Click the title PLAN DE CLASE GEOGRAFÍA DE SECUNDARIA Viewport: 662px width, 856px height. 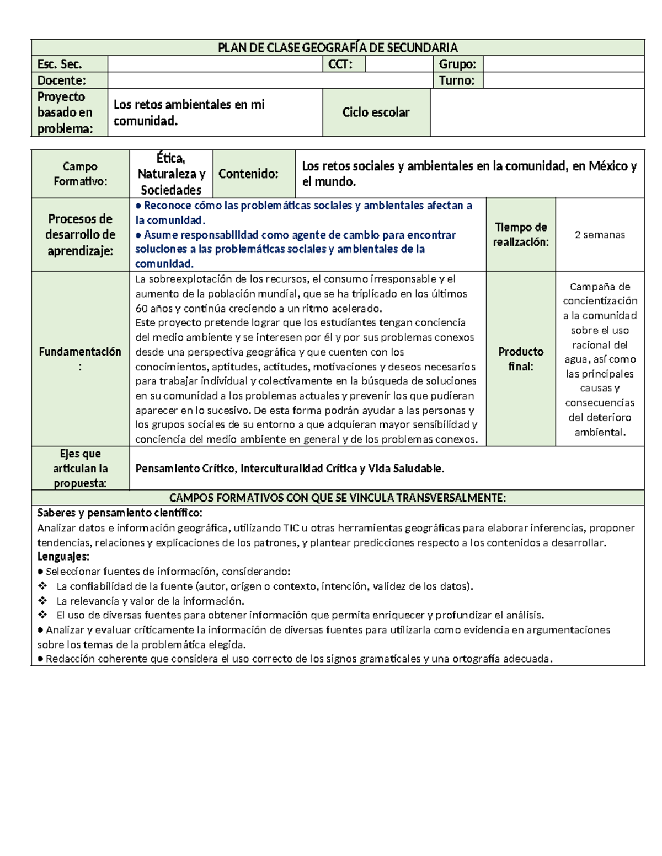pyautogui.click(x=338, y=47)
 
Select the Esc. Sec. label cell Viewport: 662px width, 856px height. pyautogui.click(x=60, y=64)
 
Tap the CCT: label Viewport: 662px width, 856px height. pyautogui.click(x=340, y=64)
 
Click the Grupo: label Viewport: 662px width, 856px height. pyautogui.click(x=457, y=64)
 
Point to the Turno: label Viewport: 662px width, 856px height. pyautogui.click(x=456, y=80)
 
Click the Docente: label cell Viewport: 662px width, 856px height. pyautogui.click(x=62, y=80)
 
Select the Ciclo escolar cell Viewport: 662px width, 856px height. pyautogui.click(x=376, y=112)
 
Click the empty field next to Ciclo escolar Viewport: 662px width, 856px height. pyautogui.click(x=537, y=112)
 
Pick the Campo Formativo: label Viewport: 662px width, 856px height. pyautogui.click(x=80, y=174)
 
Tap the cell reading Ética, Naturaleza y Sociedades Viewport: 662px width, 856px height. pyautogui.click(x=171, y=174)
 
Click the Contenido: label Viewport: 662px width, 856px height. pyautogui.click(x=248, y=174)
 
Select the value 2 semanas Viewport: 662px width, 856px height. pyautogui.click(x=600, y=235)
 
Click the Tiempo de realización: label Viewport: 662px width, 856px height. pyautogui.click(x=521, y=235)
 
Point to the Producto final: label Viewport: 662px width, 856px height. pyautogui.click(x=521, y=359)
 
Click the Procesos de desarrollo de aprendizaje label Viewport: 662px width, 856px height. pyautogui.click(x=80, y=235)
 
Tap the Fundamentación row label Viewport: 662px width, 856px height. pyautogui.click(x=80, y=359)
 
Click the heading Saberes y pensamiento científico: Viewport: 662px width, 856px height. pyautogui.click(x=120, y=513)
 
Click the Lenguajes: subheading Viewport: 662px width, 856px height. pyautogui.click(x=63, y=557)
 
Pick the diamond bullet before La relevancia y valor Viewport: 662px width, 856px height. pyautogui.click(x=42, y=601)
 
